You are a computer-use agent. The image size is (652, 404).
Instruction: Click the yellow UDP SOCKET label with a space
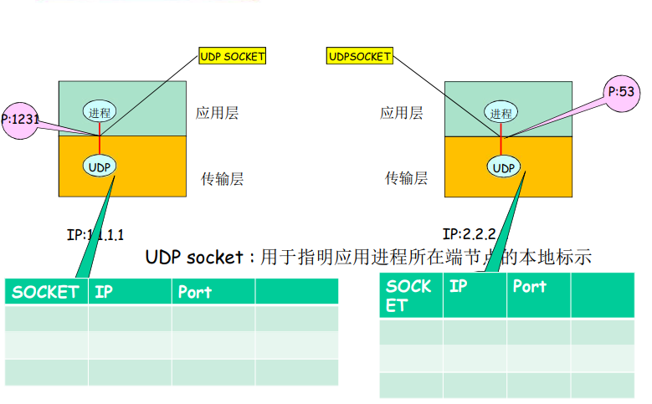tap(232, 57)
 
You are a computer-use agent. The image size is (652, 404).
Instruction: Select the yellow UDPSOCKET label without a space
tap(359, 57)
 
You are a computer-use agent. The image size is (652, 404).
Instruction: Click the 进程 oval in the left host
tap(100, 112)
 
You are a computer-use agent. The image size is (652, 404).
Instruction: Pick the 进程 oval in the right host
tap(501, 113)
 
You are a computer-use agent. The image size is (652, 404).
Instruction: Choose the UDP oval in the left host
tap(100, 165)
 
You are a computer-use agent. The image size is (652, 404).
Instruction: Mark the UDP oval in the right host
tap(503, 168)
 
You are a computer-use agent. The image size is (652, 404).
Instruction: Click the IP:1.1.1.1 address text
tap(100, 235)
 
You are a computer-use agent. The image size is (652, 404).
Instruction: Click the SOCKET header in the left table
tap(45, 292)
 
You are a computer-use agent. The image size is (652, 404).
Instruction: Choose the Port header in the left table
tap(194, 292)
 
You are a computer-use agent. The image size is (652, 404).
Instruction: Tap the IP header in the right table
tap(458, 286)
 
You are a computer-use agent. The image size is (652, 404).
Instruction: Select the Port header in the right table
tap(529, 286)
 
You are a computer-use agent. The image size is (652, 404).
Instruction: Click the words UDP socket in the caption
tap(194, 257)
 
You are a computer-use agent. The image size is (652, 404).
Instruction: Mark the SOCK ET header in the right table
tap(409, 294)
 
